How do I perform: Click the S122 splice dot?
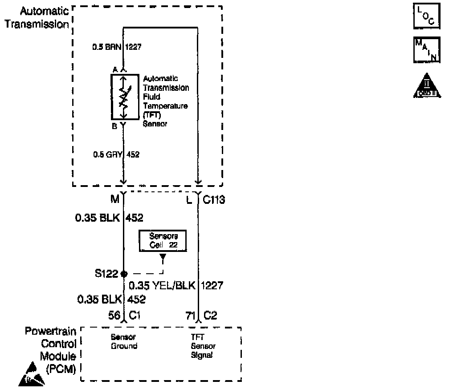tap(124, 274)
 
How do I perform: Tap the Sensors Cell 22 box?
tap(162, 241)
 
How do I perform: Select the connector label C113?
tap(214, 200)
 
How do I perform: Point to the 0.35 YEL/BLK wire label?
tap(162, 285)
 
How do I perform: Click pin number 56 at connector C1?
tap(114, 316)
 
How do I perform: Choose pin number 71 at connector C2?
tap(190, 316)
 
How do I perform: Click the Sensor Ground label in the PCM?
tap(123, 342)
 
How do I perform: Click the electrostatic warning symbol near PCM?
tap(31, 374)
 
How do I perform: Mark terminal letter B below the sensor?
tap(114, 126)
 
